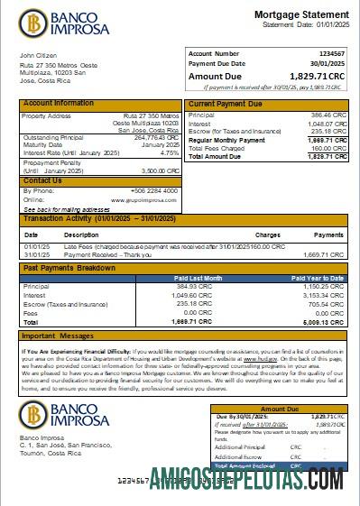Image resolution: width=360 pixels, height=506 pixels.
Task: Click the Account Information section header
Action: [x=58, y=104]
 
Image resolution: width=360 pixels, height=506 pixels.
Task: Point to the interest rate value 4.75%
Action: [x=168, y=153]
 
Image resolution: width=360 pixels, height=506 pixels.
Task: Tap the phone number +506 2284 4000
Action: [x=157, y=190]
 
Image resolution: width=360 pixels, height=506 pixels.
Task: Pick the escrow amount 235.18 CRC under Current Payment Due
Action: [x=328, y=131]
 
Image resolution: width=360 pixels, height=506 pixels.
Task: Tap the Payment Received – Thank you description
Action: [x=102, y=254]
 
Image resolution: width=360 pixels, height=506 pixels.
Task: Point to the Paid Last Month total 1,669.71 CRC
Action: [x=192, y=321]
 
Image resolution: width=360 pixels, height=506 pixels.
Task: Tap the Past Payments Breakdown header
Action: [x=69, y=268]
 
